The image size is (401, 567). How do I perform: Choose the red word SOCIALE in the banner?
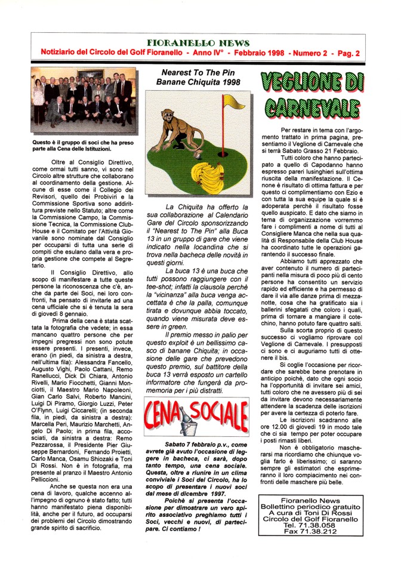click(223, 412)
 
